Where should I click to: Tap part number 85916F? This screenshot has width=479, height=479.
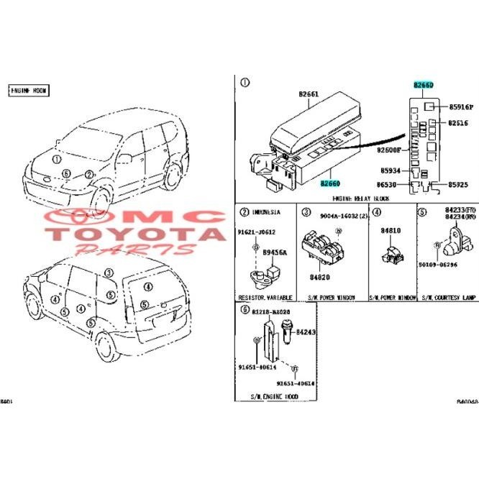point(460,106)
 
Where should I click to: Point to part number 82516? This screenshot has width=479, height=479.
point(458,123)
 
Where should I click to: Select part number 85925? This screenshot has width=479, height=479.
point(460,185)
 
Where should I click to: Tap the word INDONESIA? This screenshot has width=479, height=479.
point(268,212)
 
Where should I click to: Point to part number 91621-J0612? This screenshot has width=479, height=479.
point(257,232)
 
